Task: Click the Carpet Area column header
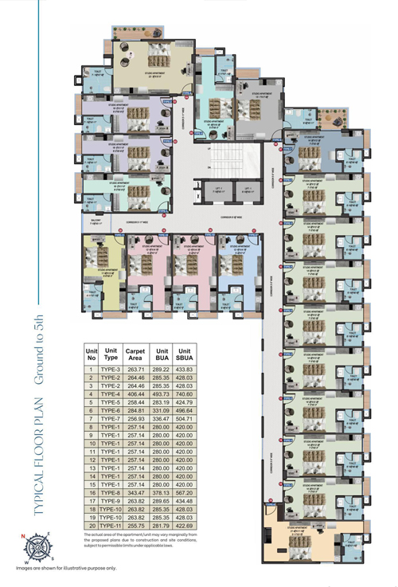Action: click(x=135, y=354)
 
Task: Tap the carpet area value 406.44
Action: click(x=135, y=393)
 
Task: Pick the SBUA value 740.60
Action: click(x=188, y=393)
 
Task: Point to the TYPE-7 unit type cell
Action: click(x=111, y=417)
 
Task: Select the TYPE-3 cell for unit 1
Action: click(x=111, y=370)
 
